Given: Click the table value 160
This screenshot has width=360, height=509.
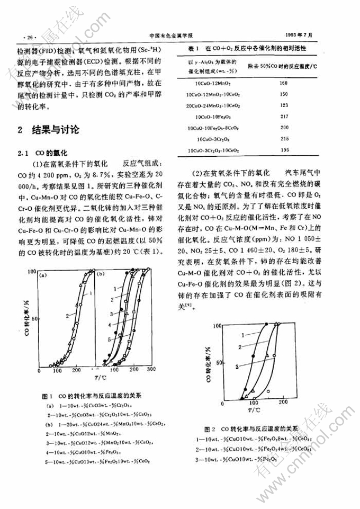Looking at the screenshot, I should click(283, 84).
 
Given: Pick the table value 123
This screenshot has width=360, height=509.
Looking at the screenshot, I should click(283, 105).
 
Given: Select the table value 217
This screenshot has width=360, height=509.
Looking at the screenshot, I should click(283, 117).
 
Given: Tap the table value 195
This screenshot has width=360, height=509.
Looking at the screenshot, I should click(283, 150).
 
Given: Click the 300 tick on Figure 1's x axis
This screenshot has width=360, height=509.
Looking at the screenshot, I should click(151, 369).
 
